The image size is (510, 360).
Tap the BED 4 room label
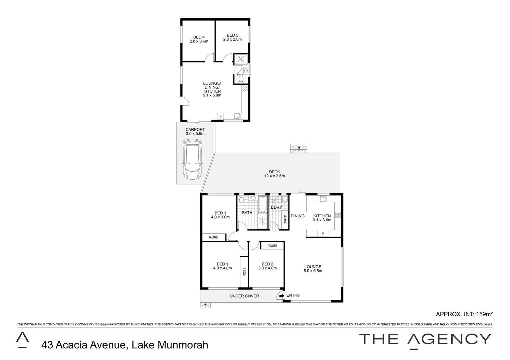click(199, 39)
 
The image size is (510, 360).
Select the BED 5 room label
click(232, 37)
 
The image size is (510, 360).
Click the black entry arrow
click(282, 295)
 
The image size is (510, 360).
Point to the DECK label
click(275, 174)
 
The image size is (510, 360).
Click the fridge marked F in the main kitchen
click(323, 233)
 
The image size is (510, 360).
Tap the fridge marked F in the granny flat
click(220, 116)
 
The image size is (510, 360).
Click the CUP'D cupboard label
click(285, 219)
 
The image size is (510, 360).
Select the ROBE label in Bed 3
click(213, 237)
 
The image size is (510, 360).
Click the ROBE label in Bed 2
click(273, 246)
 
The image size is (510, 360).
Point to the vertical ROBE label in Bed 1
click(244, 272)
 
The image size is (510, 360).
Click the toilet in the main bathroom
click(242, 199)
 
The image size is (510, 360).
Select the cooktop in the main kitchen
click(338, 215)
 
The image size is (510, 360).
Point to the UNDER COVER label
click(244, 296)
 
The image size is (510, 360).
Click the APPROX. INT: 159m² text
click(464, 314)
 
